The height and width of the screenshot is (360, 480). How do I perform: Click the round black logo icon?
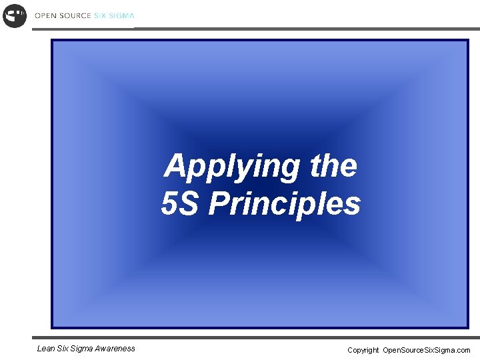click(15, 15)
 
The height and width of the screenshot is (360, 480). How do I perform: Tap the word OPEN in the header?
click(45, 15)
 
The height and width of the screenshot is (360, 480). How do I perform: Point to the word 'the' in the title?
click(333, 166)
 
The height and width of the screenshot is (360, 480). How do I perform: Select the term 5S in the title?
click(179, 204)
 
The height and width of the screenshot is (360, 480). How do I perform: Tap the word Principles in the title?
click(284, 204)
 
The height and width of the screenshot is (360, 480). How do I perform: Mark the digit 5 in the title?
click(169, 204)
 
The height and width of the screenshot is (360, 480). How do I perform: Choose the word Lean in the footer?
click(46, 348)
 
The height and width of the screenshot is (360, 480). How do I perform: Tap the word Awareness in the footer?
click(116, 348)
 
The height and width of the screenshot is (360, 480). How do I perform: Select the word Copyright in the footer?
click(363, 350)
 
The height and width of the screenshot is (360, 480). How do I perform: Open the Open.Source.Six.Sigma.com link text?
click(427, 350)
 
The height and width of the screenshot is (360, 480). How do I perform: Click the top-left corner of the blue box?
click(52, 40)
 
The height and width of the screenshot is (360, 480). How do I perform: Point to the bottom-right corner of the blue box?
click(468, 327)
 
